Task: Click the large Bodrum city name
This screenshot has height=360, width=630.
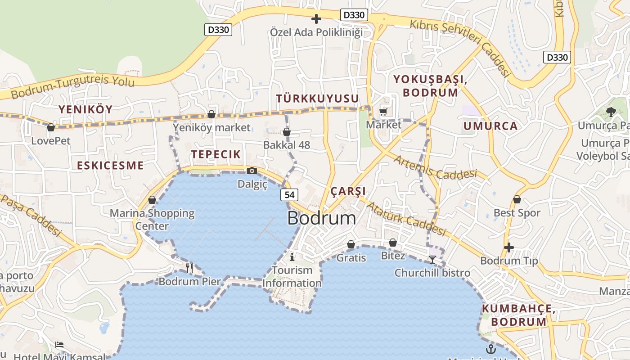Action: coord(321,218)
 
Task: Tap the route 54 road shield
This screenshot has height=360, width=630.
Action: coord(289,194)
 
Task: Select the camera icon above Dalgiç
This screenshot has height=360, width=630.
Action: coord(252,171)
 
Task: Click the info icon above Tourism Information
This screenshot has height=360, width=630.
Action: coord(292,257)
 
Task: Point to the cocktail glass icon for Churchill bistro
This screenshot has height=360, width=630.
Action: coord(432,260)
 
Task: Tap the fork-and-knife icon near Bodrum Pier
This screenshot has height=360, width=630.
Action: coord(189,268)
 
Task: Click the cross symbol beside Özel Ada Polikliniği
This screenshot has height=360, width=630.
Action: coord(316,19)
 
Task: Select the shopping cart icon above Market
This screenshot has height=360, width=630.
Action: coord(383,112)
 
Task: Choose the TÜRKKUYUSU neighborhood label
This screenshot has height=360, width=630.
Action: coord(318,99)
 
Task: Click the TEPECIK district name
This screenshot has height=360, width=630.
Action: coord(216,154)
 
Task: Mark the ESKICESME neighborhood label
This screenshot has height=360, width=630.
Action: coord(110,165)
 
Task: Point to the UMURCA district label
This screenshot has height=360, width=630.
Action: coord(490,126)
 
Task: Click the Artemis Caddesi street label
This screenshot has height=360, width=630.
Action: coord(435,167)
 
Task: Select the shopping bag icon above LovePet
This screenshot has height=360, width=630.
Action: coord(51,128)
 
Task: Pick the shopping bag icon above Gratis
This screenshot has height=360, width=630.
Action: coord(351,244)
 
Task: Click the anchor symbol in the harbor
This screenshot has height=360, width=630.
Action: coord(490,349)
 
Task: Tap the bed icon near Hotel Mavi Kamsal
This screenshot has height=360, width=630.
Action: coord(59,345)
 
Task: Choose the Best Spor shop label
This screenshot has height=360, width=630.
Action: coord(517,213)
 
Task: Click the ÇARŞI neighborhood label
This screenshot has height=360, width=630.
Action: coord(348,191)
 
